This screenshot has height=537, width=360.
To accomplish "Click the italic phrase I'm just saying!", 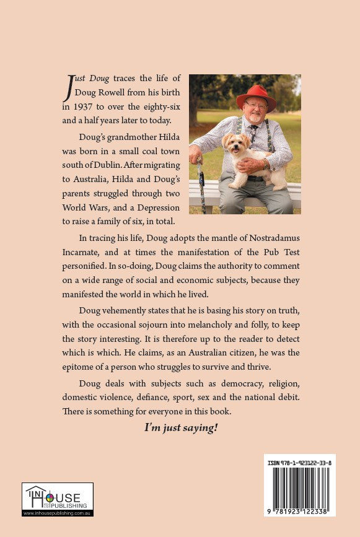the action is point(181,427).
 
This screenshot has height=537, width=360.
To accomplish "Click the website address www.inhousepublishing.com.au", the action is point(58,513).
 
